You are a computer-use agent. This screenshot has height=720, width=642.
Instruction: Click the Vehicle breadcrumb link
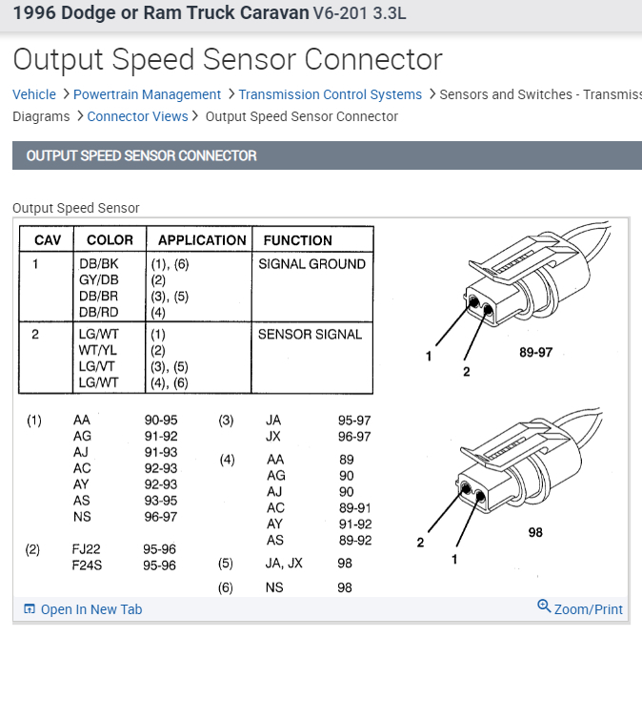tap(34, 94)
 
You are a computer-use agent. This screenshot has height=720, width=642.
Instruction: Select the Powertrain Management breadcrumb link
tap(147, 94)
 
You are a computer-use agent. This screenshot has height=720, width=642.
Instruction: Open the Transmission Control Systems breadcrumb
tap(330, 94)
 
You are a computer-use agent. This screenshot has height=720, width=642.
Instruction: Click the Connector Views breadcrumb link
tap(138, 116)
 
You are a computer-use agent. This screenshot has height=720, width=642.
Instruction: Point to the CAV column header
tap(48, 240)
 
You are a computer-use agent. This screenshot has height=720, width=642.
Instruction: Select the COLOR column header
tap(110, 240)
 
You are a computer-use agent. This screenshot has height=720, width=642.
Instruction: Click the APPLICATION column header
tap(202, 240)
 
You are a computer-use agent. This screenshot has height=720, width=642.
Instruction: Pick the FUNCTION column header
tap(297, 240)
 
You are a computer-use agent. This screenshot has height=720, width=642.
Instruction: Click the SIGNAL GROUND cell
tap(311, 264)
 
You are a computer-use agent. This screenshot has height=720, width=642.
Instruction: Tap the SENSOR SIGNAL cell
tap(310, 335)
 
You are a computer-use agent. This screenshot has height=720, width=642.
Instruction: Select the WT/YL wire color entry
tap(97, 351)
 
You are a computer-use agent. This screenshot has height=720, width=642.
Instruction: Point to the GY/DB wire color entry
tap(98, 280)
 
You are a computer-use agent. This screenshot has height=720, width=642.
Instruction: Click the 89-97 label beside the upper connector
tap(535, 352)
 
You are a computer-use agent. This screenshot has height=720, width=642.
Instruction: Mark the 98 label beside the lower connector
tap(535, 532)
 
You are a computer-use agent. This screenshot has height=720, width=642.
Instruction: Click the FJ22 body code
tap(87, 549)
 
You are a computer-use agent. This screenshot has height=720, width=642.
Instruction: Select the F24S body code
tap(89, 566)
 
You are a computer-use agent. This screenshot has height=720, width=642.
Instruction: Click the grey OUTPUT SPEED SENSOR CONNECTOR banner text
tap(141, 155)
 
